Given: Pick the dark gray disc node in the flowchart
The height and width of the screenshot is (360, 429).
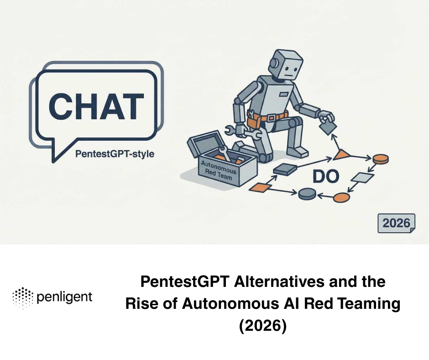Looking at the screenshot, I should coord(307,194).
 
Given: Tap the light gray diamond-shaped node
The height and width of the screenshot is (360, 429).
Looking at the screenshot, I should coord(363,178).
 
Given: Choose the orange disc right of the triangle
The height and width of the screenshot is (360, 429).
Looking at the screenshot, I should coord(380,159).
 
